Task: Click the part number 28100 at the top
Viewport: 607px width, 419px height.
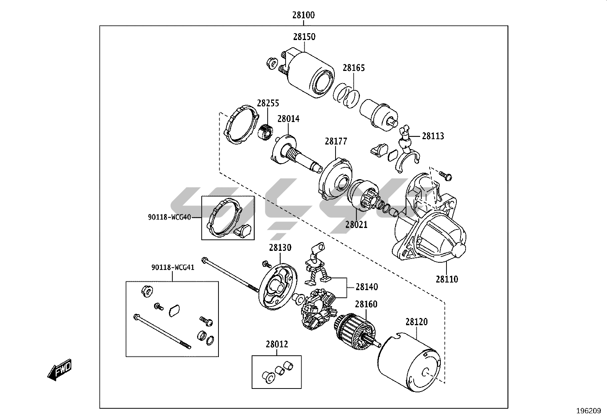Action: click(303, 15)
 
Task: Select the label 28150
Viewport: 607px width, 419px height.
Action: click(304, 37)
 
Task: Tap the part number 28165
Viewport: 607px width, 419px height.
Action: click(353, 68)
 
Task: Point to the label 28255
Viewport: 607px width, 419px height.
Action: click(268, 103)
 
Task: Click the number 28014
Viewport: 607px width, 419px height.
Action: click(288, 119)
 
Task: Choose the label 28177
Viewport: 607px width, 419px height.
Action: click(336, 141)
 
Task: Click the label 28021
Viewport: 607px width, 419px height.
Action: click(356, 225)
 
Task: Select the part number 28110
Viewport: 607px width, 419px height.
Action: click(447, 279)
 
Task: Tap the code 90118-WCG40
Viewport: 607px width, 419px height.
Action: click(169, 217)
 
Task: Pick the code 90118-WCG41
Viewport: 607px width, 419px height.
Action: click(173, 268)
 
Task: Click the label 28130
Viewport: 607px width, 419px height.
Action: click(280, 248)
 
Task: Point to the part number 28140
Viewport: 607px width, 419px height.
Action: click(367, 287)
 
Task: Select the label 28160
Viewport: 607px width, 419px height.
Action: click(366, 304)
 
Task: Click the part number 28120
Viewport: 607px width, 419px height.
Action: click(416, 322)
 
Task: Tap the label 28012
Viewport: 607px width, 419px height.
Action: click(277, 345)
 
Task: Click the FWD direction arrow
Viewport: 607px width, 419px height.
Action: click(59, 370)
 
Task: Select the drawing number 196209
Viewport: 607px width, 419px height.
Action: click(588, 411)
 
